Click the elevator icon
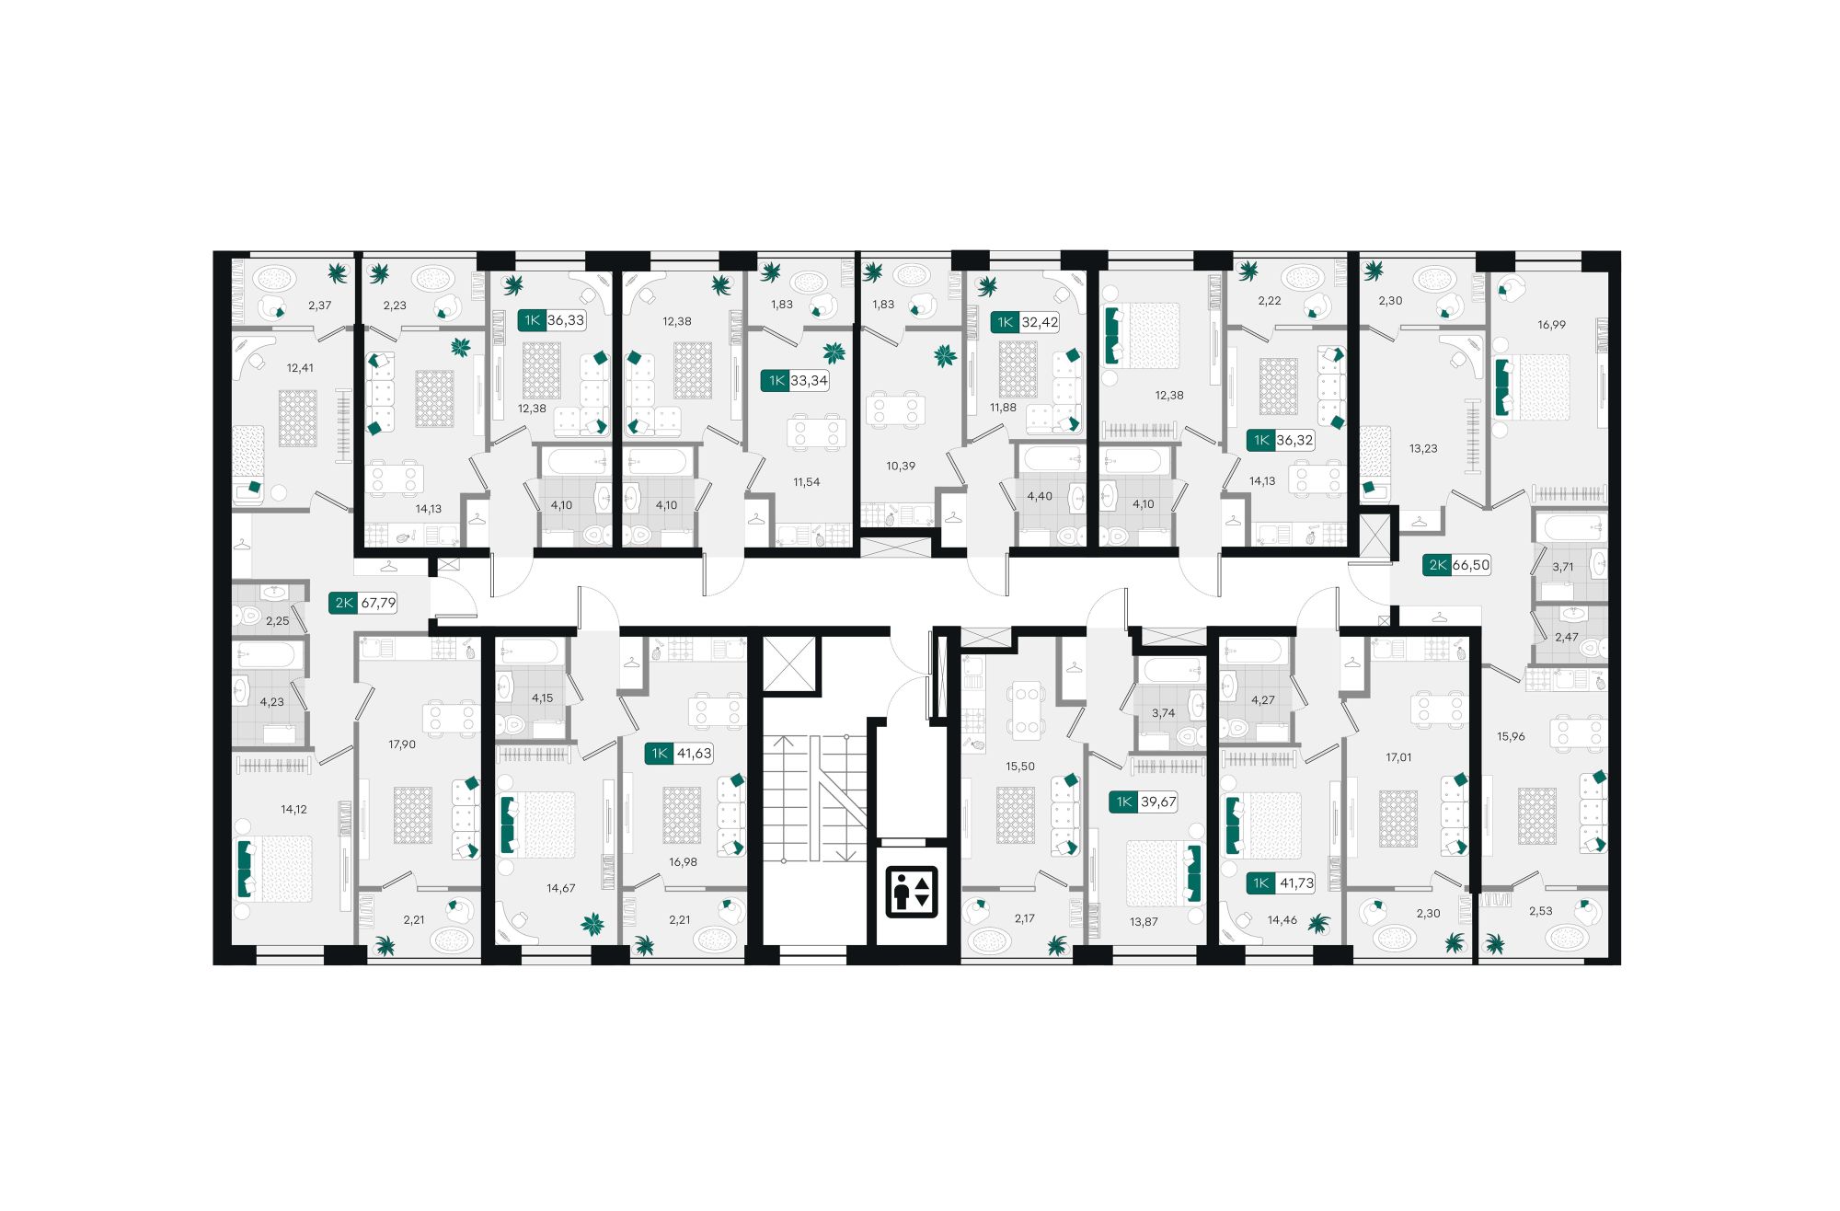(x=911, y=892)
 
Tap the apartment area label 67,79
(x=378, y=604)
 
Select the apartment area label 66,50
(x=1470, y=565)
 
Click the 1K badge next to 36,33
(x=532, y=320)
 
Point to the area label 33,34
(x=809, y=381)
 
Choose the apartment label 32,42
(x=1040, y=322)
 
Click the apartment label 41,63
(x=694, y=754)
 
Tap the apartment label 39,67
(x=1158, y=802)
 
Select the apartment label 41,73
(x=1296, y=883)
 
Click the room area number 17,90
(x=402, y=744)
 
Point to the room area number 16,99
(x=1551, y=325)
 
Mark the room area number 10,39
(x=901, y=467)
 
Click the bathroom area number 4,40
(x=1040, y=497)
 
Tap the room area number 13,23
(x=1423, y=449)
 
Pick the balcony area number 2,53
(x=1540, y=911)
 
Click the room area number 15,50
(x=1020, y=767)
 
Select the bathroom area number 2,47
(x=1567, y=637)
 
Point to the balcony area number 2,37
(x=319, y=306)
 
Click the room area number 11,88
(x=1003, y=408)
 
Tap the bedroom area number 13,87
(x=1144, y=921)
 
